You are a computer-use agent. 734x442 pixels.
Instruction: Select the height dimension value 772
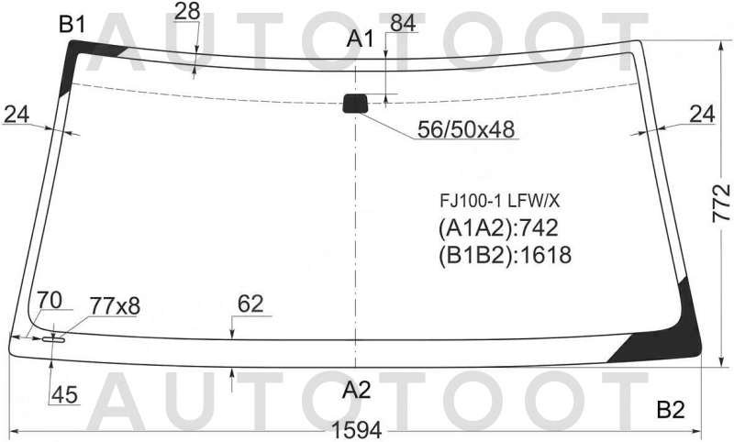tap(721, 203)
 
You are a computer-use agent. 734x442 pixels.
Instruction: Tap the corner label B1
tap(72, 24)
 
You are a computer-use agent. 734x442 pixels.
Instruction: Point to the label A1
tap(360, 39)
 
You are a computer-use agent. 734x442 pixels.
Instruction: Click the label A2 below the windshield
tap(357, 390)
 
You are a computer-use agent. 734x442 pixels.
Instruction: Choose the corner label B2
tap(671, 410)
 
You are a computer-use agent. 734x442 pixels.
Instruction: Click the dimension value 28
tap(187, 12)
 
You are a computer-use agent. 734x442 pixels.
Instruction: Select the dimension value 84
tap(403, 24)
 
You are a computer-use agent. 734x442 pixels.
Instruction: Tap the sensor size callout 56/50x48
tap(466, 129)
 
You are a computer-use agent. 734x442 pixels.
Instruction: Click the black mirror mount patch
tap(356, 104)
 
